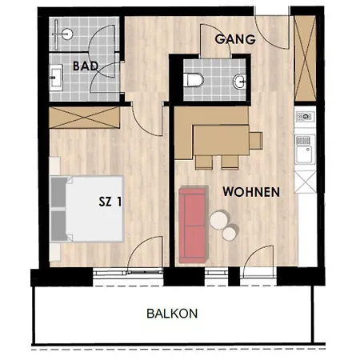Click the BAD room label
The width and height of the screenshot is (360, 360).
[x=86, y=66]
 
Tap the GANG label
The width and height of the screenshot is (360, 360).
[x=235, y=39]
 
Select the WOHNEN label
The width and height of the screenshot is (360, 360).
[x=251, y=192]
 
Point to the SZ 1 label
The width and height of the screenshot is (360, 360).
[x=110, y=202]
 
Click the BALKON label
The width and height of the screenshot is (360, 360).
[x=172, y=314]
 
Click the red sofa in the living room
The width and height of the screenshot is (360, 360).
[x=194, y=225]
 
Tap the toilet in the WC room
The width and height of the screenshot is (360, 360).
[x=194, y=80]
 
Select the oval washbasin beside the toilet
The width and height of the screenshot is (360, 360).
[x=239, y=81]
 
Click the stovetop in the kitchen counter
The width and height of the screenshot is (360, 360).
[x=305, y=117]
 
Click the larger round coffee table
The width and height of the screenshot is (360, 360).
[x=219, y=220]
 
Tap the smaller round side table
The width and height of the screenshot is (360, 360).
[x=230, y=234]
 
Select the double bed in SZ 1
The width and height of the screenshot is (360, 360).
[x=87, y=209]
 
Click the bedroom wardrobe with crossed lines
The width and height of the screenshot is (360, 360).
[x=84, y=118]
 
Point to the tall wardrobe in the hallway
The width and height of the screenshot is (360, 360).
[x=305, y=58]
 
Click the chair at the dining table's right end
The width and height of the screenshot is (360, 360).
[x=256, y=140]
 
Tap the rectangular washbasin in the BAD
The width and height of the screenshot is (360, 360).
[x=56, y=78]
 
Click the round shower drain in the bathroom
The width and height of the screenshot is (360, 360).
[x=66, y=34]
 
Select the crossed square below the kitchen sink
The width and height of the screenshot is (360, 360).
[x=305, y=182]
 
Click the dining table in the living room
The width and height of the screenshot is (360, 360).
[x=221, y=140]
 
